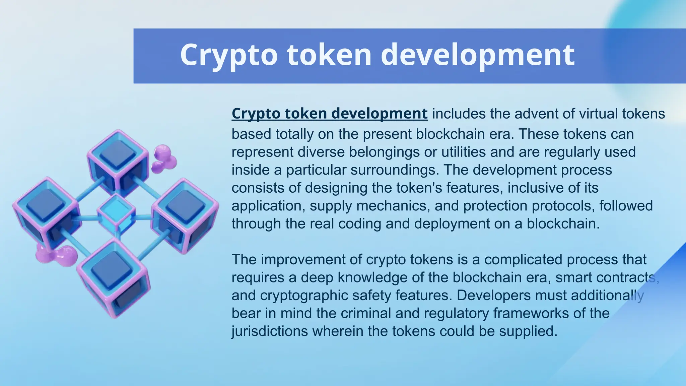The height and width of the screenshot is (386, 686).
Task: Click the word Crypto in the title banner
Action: point(229,55)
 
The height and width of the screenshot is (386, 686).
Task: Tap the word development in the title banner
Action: point(478,55)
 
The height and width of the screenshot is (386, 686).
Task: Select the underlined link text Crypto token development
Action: point(330,114)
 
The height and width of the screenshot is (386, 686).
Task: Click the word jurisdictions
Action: point(270,331)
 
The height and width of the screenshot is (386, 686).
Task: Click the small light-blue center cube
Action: point(116,213)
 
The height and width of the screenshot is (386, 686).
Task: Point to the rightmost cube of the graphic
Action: point(185,214)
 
